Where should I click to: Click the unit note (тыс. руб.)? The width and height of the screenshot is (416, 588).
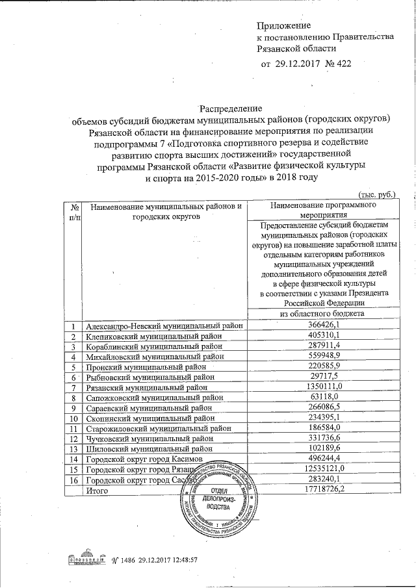tap(376, 194)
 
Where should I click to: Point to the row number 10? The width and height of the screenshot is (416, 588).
tap(75, 418)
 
